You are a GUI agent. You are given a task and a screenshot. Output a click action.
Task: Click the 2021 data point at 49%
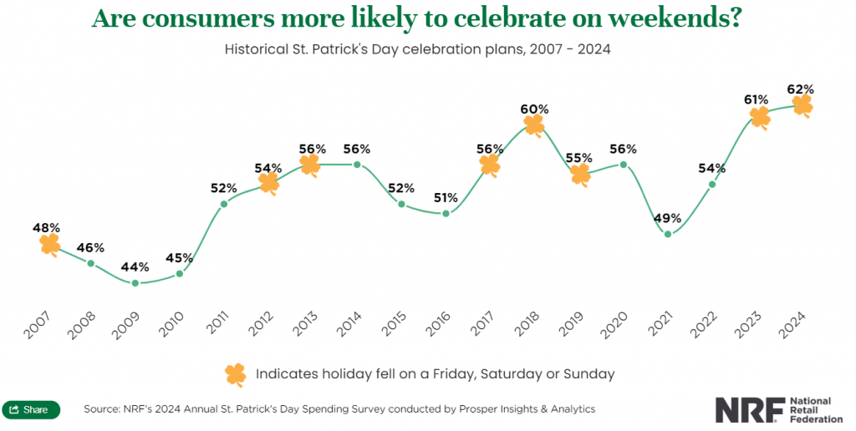(x=668, y=234)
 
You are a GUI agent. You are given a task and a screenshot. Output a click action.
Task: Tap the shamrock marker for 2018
(x=534, y=125)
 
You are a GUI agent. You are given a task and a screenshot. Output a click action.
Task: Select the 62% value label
(x=801, y=89)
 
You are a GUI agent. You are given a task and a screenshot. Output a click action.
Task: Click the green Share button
(x=31, y=410)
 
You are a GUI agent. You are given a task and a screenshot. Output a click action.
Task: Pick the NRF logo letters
(x=749, y=409)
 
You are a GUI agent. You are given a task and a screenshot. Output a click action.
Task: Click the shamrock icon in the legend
(x=236, y=373)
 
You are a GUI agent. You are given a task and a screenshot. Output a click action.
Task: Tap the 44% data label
(x=135, y=267)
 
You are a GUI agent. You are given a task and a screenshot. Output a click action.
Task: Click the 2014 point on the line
(x=357, y=165)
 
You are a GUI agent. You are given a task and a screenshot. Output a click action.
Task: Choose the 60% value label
(x=534, y=109)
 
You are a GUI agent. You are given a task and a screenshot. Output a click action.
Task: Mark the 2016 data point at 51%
(x=446, y=214)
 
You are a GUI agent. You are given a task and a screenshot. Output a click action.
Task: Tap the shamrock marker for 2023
(x=760, y=117)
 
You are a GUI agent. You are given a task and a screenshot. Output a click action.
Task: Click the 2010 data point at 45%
(x=180, y=273)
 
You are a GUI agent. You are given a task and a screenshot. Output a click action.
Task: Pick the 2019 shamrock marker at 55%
(x=579, y=174)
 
